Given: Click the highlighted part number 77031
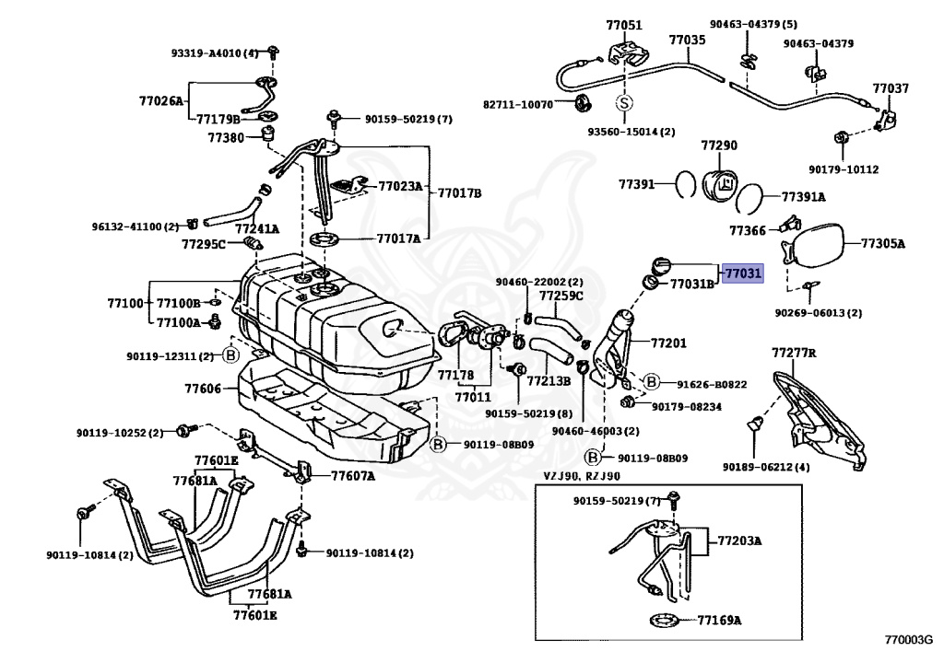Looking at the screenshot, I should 742,273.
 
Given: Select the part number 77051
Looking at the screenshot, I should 624,25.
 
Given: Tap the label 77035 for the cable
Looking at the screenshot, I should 687,40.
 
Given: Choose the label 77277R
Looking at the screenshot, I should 795,353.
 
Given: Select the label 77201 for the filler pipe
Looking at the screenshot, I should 669,343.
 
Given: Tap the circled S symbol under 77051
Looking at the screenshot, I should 623,103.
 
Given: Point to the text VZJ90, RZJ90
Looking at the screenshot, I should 581,476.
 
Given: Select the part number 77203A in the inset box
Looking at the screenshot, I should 740,541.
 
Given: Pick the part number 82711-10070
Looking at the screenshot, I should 518,104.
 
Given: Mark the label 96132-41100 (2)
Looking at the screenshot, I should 135,226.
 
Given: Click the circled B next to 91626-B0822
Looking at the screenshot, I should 651,382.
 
